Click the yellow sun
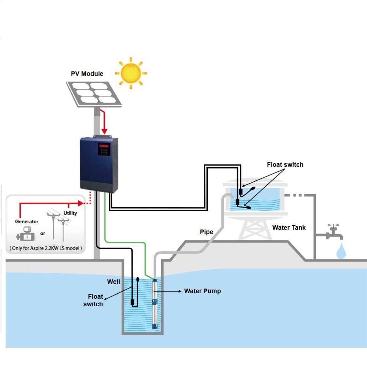coord(131,73)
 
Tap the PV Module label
coord(87,74)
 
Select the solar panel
coord(94,94)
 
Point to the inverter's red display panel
coord(104,145)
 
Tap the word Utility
coord(70,213)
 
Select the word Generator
coord(27,222)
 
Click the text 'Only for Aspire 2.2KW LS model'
coord(46,248)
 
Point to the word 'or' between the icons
coord(43,234)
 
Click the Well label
coord(113,282)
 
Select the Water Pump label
coord(202,291)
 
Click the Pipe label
coord(206,232)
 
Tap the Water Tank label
coord(289,228)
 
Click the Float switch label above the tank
coord(285,165)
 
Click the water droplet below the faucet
coord(341,251)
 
